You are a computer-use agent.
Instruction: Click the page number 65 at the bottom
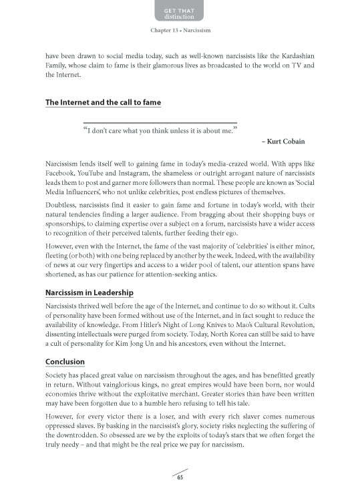(180, 476)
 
